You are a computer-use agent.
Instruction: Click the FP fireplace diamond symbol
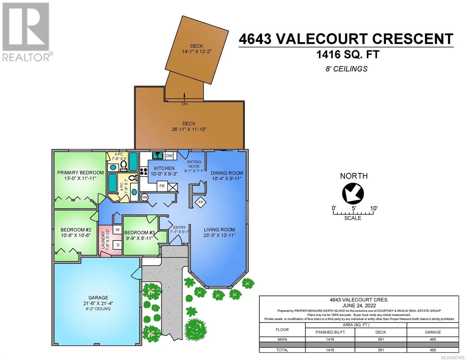tap(200, 202)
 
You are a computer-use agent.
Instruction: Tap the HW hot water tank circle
tap(145, 197)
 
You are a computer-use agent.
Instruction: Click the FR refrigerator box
tap(162, 186)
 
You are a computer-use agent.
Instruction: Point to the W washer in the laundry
tap(118, 230)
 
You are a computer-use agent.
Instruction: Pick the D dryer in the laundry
tap(118, 245)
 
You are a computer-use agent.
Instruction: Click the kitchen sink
tap(158, 156)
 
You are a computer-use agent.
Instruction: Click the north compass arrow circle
tap(353, 193)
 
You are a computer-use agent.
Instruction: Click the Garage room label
tap(98, 298)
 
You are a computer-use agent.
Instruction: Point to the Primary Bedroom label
tap(80, 172)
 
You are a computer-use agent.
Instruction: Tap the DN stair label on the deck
tap(185, 104)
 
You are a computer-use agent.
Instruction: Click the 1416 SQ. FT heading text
tap(347, 54)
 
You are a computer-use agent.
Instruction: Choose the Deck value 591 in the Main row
tap(381, 339)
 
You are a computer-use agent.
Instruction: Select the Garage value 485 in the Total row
tap(433, 350)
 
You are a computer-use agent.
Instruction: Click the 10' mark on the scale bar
tap(374, 208)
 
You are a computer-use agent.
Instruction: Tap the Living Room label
tap(219, 229)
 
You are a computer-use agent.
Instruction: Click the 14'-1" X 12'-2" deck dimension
tap(197, 52)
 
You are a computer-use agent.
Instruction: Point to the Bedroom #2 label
tap(76, 230)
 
